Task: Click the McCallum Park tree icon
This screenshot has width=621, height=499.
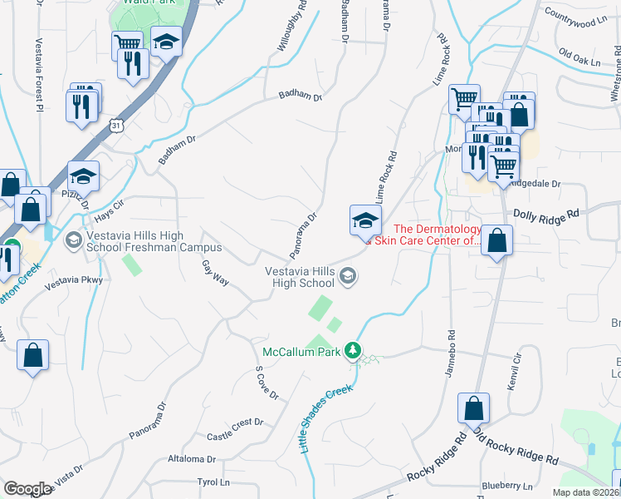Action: (355, 351)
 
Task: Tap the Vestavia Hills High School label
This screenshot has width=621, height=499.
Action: (299, 277)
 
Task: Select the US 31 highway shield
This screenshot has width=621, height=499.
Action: (117, 126)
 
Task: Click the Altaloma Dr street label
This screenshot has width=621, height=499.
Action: (192, 458)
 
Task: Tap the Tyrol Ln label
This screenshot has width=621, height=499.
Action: (213, 482)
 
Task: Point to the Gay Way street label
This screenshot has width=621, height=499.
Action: (214, 271)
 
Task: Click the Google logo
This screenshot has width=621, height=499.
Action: (27, 488)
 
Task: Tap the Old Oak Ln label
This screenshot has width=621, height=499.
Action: (579, 59)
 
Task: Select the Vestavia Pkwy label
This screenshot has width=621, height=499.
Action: (66, 283)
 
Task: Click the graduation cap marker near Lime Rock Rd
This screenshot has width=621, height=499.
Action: (365, 220)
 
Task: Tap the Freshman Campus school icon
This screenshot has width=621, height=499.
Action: (73, 240)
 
